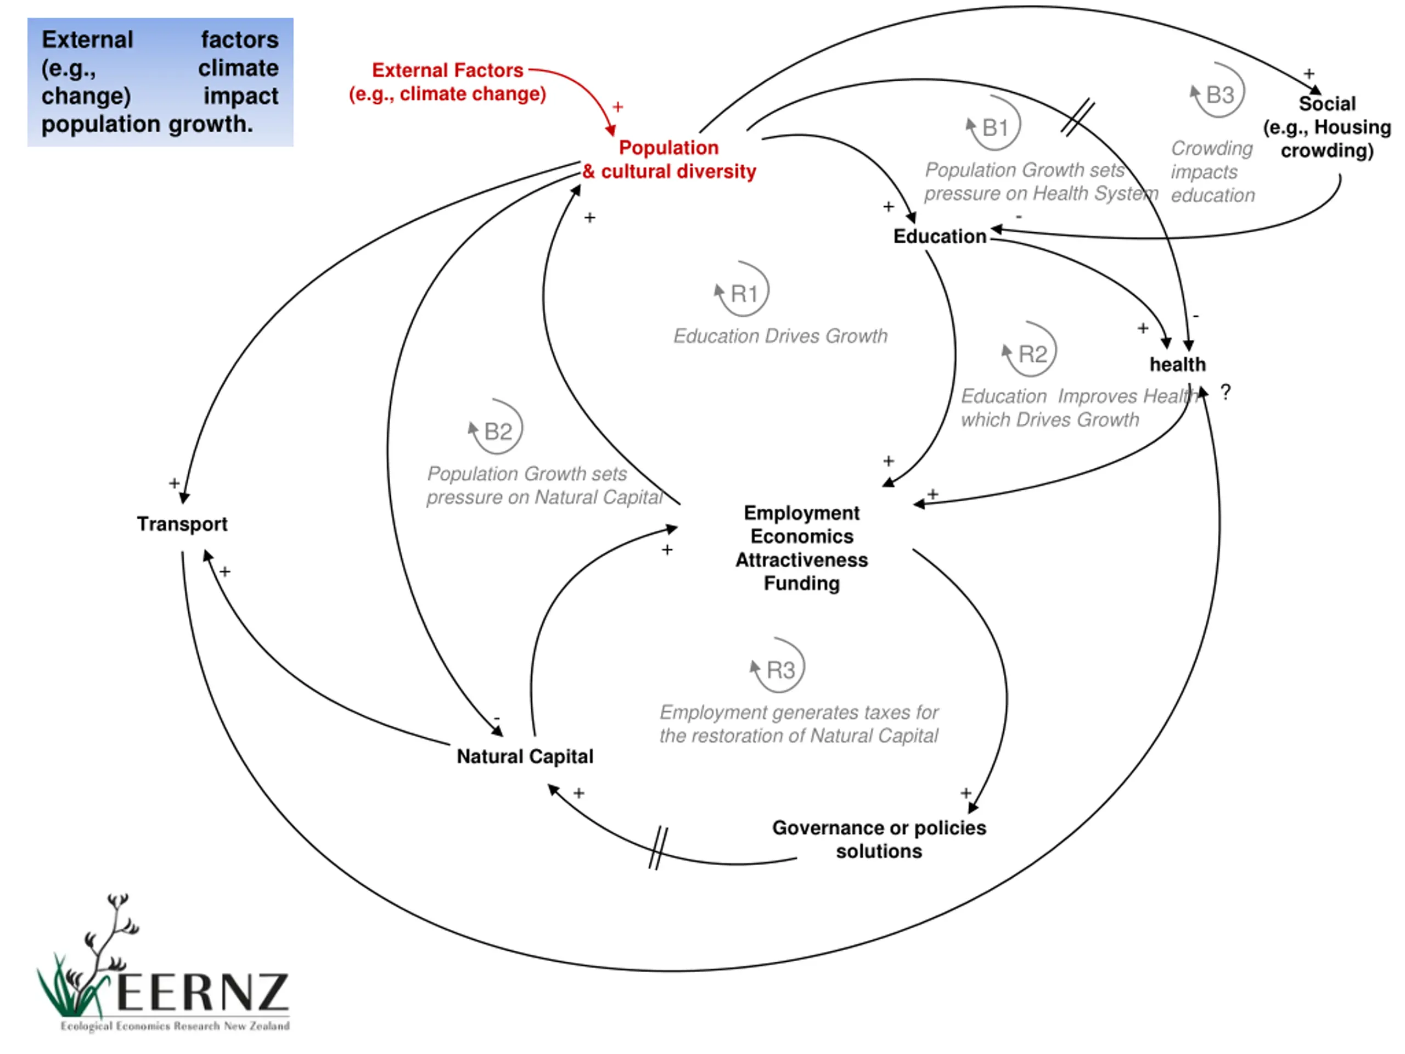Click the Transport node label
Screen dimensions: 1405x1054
(182, 524)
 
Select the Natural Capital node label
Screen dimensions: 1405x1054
(525, 756)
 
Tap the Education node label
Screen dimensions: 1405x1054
(940, 237)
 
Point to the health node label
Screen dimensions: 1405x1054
(1177, 364)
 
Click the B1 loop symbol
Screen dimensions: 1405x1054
(993, 124)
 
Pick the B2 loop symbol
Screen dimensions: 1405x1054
(496, 427)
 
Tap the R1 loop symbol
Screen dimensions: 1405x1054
(742, 290)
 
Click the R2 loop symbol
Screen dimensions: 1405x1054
(1030, 350)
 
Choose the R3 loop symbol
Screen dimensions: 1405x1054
(778, 666)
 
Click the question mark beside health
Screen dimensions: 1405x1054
(1225, 392)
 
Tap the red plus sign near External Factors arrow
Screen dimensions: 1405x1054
(617, 106)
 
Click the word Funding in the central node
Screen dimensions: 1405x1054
(802, 583)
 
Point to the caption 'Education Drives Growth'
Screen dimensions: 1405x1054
(780, 336)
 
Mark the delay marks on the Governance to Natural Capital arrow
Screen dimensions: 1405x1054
(659, 848)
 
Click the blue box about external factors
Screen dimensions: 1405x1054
(160, 82)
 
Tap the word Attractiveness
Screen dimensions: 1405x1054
(802, 560)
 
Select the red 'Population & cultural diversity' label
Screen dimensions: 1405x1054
(669, 159)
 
